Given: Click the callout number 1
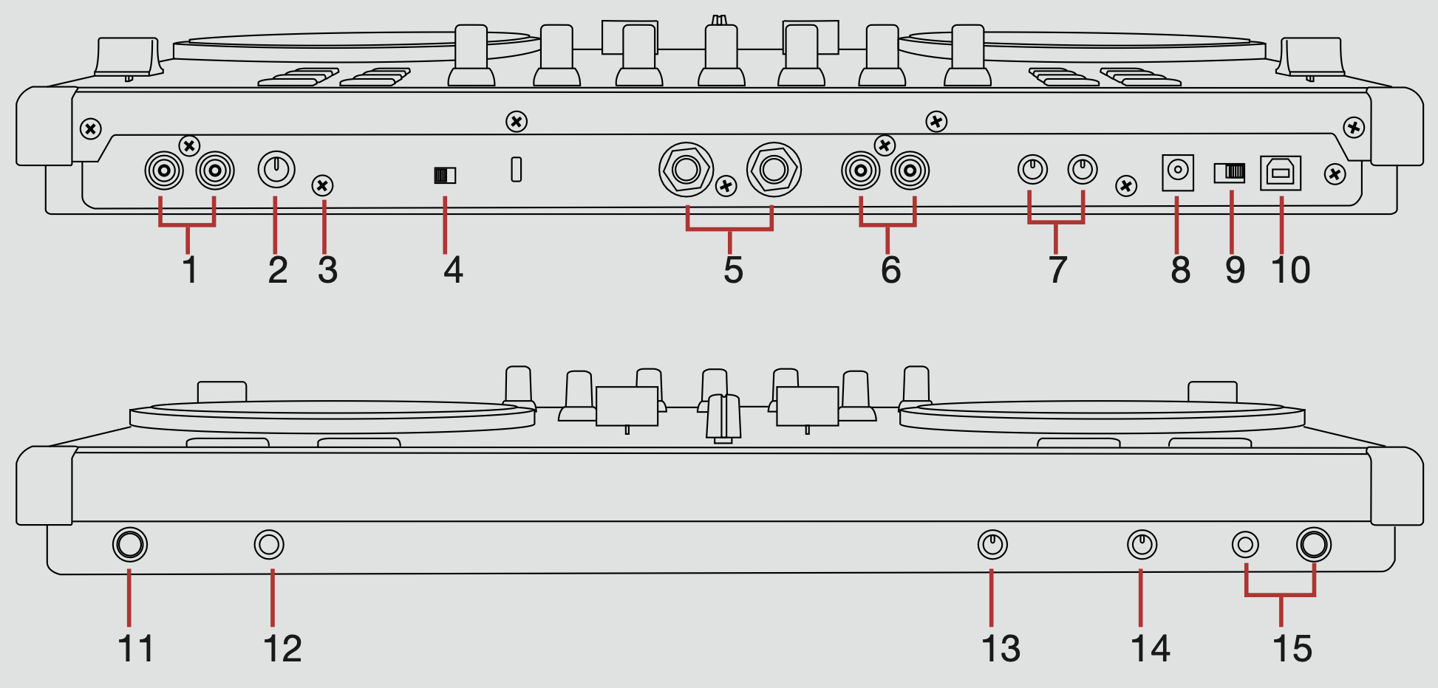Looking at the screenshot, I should [x=190, y=270].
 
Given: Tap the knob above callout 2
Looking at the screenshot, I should [x=276, y=170].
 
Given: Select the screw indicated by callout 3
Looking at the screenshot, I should [x=323, y=185].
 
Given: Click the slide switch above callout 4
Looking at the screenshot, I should [x=445, y=175].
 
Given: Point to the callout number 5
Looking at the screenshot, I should [x=733, y=270].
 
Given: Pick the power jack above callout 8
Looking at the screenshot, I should [x=1178, y=172].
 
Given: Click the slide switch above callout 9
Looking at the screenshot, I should [x=1230, y=172].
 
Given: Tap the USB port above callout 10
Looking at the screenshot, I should [x=1281, y=173].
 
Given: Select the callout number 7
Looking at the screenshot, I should [x=1057, y=270].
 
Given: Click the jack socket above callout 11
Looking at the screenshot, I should [x=130, y=545].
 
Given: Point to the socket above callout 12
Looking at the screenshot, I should [x=269, y=545].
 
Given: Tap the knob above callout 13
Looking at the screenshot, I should [x=992, y=545].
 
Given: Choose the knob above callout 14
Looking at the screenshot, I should [x=1142, y=545].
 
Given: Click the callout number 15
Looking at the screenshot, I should [x=1292, y=649].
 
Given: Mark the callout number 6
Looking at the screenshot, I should [x=890, y=270].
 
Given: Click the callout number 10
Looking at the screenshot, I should [x=1290, y=270].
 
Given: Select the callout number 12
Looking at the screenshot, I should [x=282, y=649].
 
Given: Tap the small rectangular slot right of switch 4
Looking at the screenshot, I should [x=517, y=169].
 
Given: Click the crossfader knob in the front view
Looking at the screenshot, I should [x=723, y=418].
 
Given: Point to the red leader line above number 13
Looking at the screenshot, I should [x=992, y=598].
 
